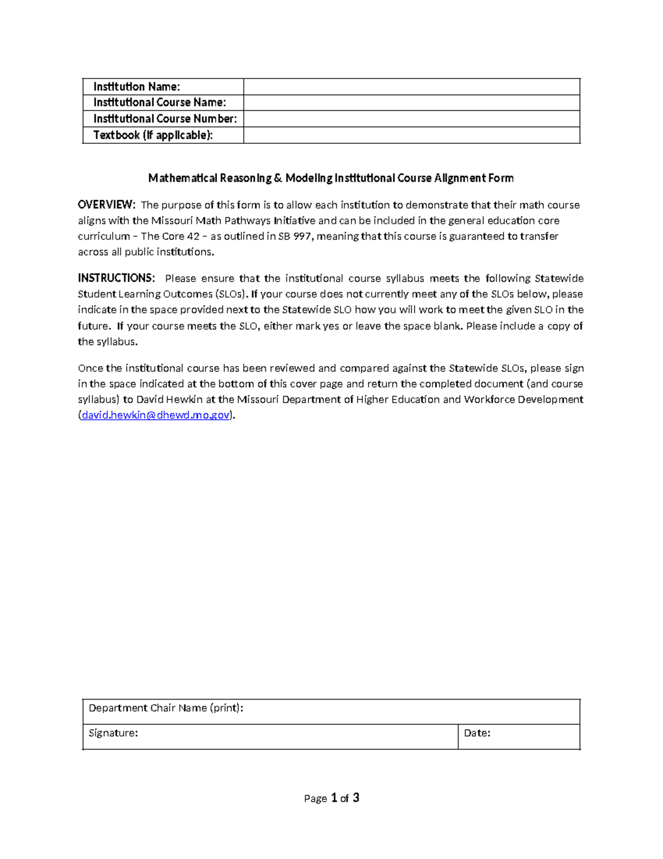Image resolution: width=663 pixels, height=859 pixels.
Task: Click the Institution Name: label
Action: point(136,87)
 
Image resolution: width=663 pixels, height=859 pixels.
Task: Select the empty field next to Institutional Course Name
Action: point(412,103)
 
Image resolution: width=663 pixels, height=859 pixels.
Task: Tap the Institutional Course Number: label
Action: point(165,119)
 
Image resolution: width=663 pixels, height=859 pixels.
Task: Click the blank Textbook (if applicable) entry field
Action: point(412,136)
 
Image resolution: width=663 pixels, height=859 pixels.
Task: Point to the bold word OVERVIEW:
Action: point(106,205)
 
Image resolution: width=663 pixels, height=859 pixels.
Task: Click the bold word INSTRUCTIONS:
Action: point(116,278)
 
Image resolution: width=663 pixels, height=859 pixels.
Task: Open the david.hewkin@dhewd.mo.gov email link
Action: point(155,415)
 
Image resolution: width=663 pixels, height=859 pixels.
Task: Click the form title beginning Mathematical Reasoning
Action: point(330,178)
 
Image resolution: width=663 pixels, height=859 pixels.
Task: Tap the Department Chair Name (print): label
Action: point(166,708)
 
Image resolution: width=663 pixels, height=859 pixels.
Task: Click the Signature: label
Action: point(113,733)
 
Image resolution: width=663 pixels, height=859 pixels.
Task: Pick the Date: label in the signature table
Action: point(477,733)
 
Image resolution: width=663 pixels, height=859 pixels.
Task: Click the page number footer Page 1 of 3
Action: point(331,798)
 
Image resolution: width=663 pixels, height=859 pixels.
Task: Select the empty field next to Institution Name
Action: point(412,87)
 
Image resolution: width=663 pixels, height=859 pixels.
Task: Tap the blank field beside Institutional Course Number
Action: point(412,119)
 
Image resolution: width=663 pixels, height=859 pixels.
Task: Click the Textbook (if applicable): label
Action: point(152,136)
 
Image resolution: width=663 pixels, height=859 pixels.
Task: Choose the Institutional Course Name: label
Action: point(159,103)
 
